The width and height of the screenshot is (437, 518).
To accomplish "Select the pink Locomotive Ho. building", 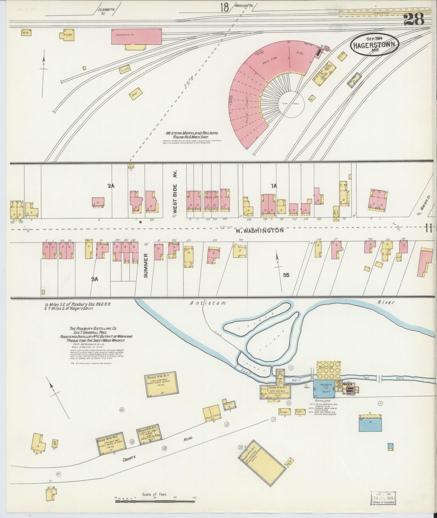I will point(137,37).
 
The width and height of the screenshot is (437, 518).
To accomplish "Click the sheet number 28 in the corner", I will point(414,20).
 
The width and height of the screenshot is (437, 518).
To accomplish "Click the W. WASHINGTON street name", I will point(259,230).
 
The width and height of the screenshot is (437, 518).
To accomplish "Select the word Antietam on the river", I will point(208,303).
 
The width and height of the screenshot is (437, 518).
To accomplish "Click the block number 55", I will point(286,275).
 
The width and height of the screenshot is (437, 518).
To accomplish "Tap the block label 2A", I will point(111,186).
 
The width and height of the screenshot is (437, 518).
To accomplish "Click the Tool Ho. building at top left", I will point(26,33).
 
